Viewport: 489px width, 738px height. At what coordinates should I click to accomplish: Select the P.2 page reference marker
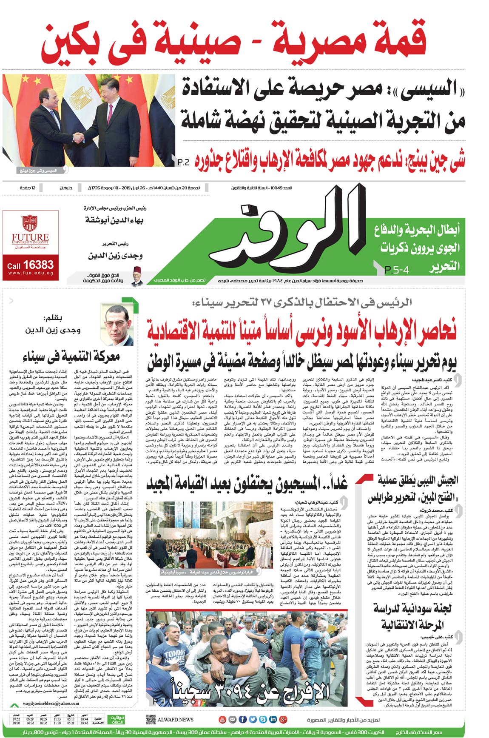pos(184,162)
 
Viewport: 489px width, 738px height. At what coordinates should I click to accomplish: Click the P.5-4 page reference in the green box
pos(396,270)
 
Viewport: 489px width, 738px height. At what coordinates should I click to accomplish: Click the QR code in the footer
pos(151,719)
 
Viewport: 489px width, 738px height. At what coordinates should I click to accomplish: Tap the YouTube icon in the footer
pos(222,720)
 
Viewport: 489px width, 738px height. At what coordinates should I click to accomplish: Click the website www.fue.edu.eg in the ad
pos(30,273)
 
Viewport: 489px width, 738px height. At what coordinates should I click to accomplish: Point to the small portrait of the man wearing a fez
pos(137,276)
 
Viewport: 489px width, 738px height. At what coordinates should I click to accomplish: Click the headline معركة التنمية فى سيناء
pos(71,356)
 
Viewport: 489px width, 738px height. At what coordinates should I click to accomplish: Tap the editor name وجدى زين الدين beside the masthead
pos(115,256)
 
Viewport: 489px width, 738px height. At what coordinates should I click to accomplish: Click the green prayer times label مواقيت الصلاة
pos(117,720)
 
